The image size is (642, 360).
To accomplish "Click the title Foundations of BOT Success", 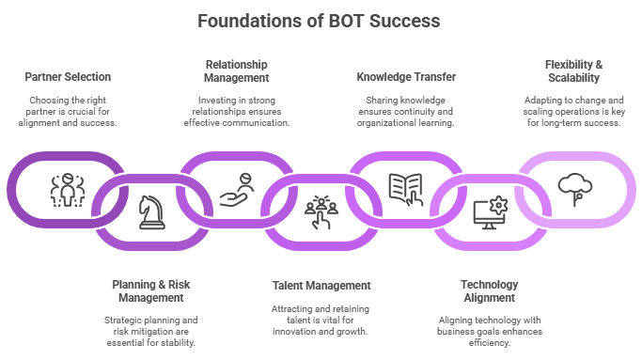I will coord(320,20).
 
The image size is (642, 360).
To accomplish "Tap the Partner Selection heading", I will coord(67,77).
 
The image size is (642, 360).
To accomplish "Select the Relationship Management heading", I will coord(236,70).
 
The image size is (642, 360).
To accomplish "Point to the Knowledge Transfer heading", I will coord(406,77).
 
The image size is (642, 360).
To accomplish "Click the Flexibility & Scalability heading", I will coord(573,70).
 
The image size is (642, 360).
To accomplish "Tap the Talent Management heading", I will coord(321,285).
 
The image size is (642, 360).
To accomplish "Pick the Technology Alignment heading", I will coord(488,290).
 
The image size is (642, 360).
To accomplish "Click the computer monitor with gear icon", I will coord(490,212).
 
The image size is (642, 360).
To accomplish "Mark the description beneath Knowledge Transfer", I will coord(406,111).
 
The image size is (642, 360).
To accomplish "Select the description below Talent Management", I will coord(321,320).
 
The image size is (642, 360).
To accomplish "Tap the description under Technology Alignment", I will coord(488,332).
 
